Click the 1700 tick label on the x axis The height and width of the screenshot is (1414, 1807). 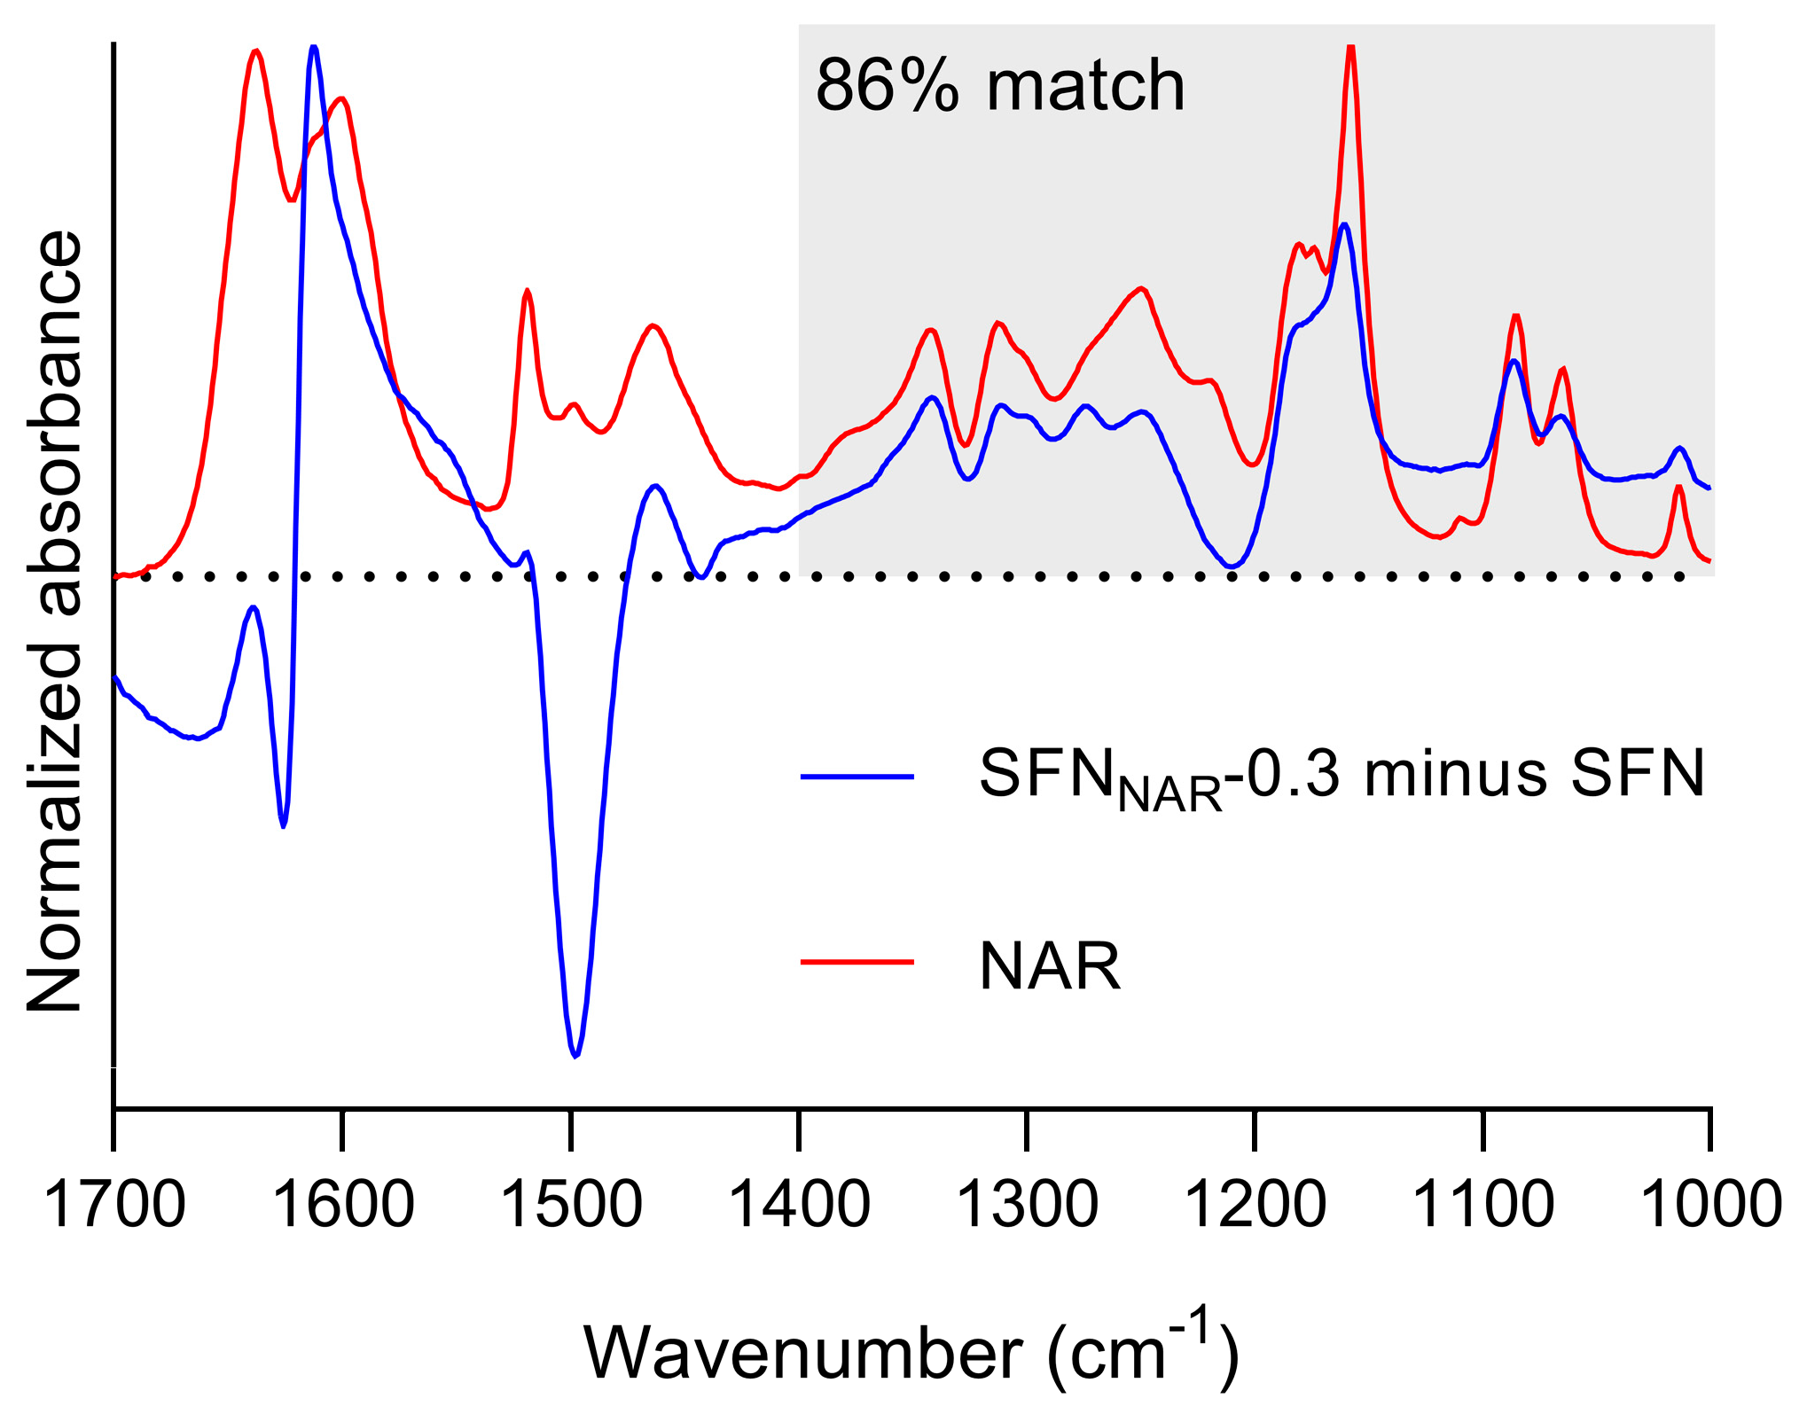[114, 1206]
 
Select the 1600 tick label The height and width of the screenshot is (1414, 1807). [343, 1206]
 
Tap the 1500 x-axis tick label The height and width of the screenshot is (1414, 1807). [572, 1206]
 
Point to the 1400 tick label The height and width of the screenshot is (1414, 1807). [800, 1206]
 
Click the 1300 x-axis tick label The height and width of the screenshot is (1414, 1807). [1028, 1206]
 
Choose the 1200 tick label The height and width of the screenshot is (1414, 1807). [1256, 1206]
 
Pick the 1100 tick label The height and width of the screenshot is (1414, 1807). [1483, 1206]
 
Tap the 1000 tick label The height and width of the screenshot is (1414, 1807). [1711, 1206]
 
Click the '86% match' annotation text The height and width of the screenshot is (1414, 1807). [999, 86]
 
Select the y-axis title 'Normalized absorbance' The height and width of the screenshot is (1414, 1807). [55, 621]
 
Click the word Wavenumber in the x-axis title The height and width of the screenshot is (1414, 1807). [802, 1354]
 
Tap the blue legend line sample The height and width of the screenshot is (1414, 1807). [857, 777]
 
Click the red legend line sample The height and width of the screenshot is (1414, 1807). [857, 961]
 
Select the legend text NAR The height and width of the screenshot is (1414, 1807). [1049, 966]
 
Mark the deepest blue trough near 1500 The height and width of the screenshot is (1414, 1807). [575, 1055]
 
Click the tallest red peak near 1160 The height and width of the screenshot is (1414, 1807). [1350, 49]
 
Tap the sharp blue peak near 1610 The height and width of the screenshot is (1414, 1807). [313, 49]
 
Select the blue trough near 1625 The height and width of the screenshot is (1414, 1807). [283, 825]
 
